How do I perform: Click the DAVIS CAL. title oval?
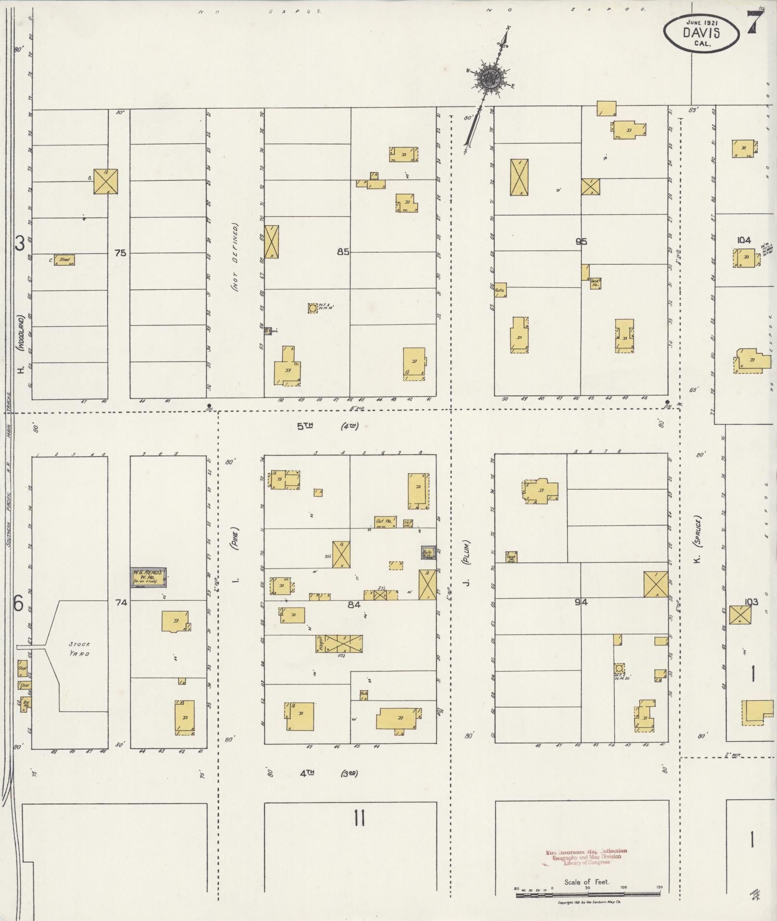click(701, 32)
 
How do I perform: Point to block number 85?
click(343, 251)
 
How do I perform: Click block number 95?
click(581, 242)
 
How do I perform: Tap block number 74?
click(120, 602)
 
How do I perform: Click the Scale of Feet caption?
click(587, 882)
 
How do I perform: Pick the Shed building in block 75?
click(64, 260)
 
